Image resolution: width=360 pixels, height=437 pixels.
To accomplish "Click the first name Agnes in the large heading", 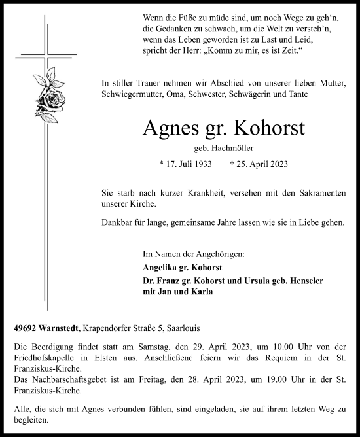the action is [x=168, y=127].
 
